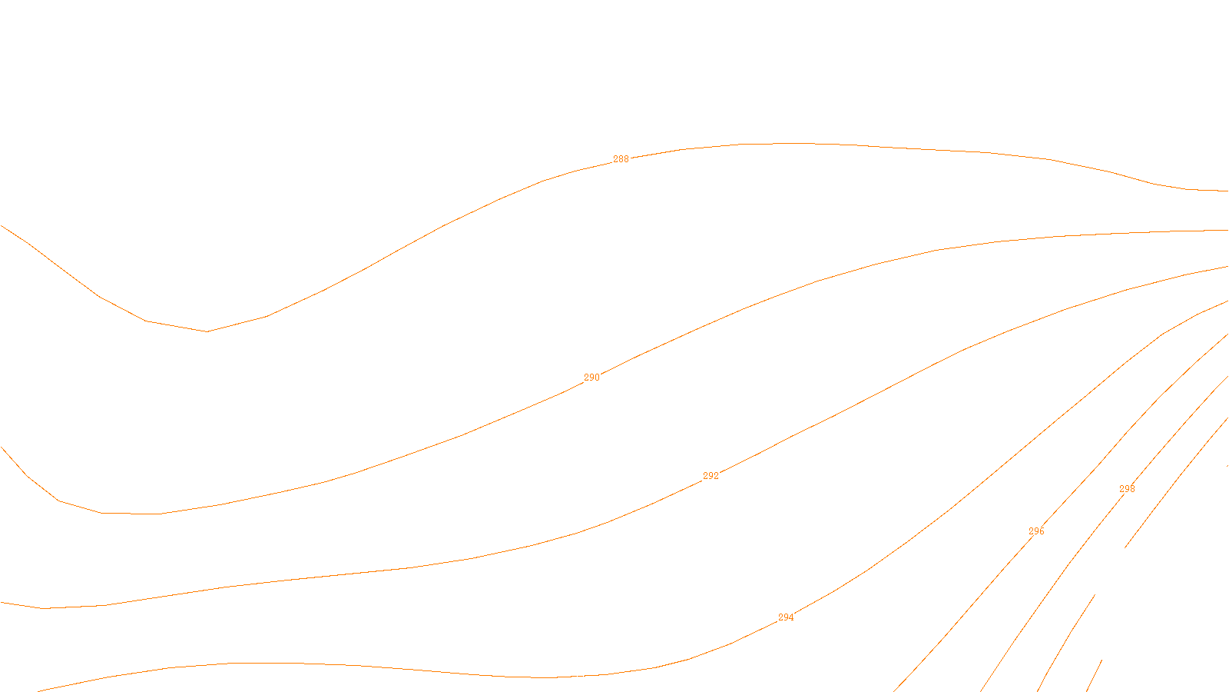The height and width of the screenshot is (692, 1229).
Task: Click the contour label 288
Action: click(621, 159)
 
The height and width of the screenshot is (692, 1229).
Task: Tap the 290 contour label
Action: click(591, 378)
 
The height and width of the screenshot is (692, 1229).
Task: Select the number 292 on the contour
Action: click(711, 476)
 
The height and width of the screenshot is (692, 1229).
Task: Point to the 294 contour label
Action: click(786, 617)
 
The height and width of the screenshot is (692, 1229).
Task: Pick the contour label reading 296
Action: click(1036, 531)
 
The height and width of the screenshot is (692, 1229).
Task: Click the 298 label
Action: click(1127, 489)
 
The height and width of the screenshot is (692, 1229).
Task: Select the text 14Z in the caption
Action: click(582, 680)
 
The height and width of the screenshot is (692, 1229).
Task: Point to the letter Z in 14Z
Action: click(588, 680)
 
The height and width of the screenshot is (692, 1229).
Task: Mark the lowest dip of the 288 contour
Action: click(207, 331)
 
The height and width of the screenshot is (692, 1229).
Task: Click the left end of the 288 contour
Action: click(1, 225)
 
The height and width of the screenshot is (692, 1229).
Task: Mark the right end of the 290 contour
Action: click(1227, 230)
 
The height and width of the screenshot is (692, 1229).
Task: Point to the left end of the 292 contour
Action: click(1, 602)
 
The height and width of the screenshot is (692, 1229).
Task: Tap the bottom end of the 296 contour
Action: click(981, 690)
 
